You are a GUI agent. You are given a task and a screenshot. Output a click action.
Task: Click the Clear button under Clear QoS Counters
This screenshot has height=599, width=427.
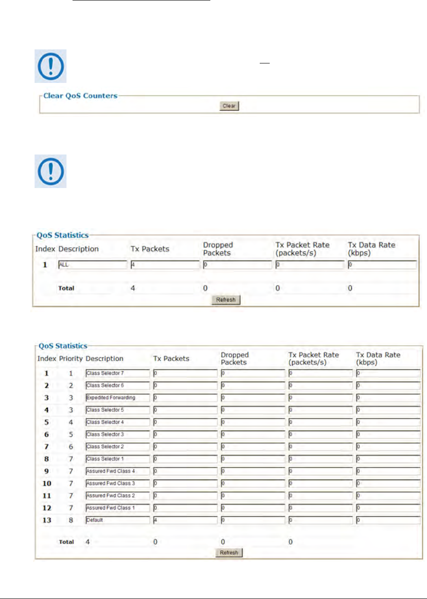point(229,106)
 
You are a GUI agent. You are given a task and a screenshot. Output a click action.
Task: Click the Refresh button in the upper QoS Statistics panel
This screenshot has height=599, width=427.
point(226,300)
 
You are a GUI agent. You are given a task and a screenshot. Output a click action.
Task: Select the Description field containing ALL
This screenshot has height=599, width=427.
point(93,265)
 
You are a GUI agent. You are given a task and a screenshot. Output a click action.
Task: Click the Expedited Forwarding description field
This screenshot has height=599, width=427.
point(117,398)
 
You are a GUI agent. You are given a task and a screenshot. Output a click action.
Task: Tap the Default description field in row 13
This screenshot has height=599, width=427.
point(117,520)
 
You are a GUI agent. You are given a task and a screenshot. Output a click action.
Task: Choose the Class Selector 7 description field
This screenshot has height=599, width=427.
point(117,373)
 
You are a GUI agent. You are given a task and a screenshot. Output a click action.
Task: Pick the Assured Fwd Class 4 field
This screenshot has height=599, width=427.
point(117,471)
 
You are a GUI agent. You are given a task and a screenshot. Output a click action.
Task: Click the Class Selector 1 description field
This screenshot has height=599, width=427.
point(117,459)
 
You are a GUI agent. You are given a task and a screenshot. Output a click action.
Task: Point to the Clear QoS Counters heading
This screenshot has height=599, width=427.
point(80,96)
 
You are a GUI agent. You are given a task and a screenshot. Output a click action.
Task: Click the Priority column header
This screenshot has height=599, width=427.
point(71,358)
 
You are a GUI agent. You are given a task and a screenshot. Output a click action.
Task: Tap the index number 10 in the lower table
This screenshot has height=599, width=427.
point(47,483)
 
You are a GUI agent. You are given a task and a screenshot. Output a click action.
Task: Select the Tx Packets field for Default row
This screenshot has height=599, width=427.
point(185,520)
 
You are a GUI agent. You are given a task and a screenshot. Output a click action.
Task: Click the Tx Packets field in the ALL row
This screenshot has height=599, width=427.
point(165,265)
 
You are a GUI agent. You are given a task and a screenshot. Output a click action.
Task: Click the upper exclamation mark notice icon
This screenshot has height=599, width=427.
point(51,66)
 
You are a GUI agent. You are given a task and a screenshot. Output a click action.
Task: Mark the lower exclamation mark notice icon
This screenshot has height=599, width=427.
point(51,171)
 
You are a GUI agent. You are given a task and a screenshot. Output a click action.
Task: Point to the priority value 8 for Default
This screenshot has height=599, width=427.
point(71,520)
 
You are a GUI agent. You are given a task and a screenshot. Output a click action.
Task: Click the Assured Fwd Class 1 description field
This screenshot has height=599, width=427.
point(117,508)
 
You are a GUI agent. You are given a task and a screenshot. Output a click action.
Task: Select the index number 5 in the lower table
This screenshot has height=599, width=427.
point(46,422)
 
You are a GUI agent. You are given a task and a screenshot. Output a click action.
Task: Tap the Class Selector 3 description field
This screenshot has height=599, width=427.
point(117,435)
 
